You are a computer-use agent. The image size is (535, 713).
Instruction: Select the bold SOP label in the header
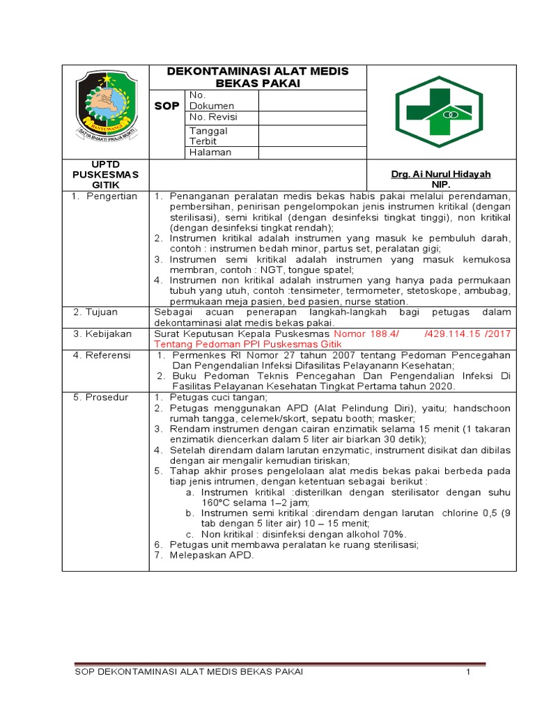(x=166, y=105)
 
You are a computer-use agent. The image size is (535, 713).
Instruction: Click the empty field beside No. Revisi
(x=312, y=117)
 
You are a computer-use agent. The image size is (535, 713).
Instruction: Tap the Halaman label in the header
(x=210, y=152)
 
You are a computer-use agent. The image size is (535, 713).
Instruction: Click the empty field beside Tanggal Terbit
(x=312, y=136)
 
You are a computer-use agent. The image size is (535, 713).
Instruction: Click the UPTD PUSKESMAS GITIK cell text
(x=106, y=174)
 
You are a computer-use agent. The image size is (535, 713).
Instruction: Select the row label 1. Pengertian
(x=105, y=196)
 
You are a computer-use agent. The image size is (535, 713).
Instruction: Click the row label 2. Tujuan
(x=98, y=312)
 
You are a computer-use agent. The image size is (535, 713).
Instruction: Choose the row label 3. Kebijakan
(x=102, y=334)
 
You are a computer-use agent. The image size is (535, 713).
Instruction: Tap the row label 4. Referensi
(x=102, y=355)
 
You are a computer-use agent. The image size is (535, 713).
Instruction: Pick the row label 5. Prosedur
(x=102, y=397)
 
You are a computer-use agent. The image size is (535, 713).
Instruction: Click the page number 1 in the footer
(x=469, y=672)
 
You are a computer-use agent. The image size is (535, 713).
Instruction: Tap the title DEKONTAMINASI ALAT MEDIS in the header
(x=258, y=72)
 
